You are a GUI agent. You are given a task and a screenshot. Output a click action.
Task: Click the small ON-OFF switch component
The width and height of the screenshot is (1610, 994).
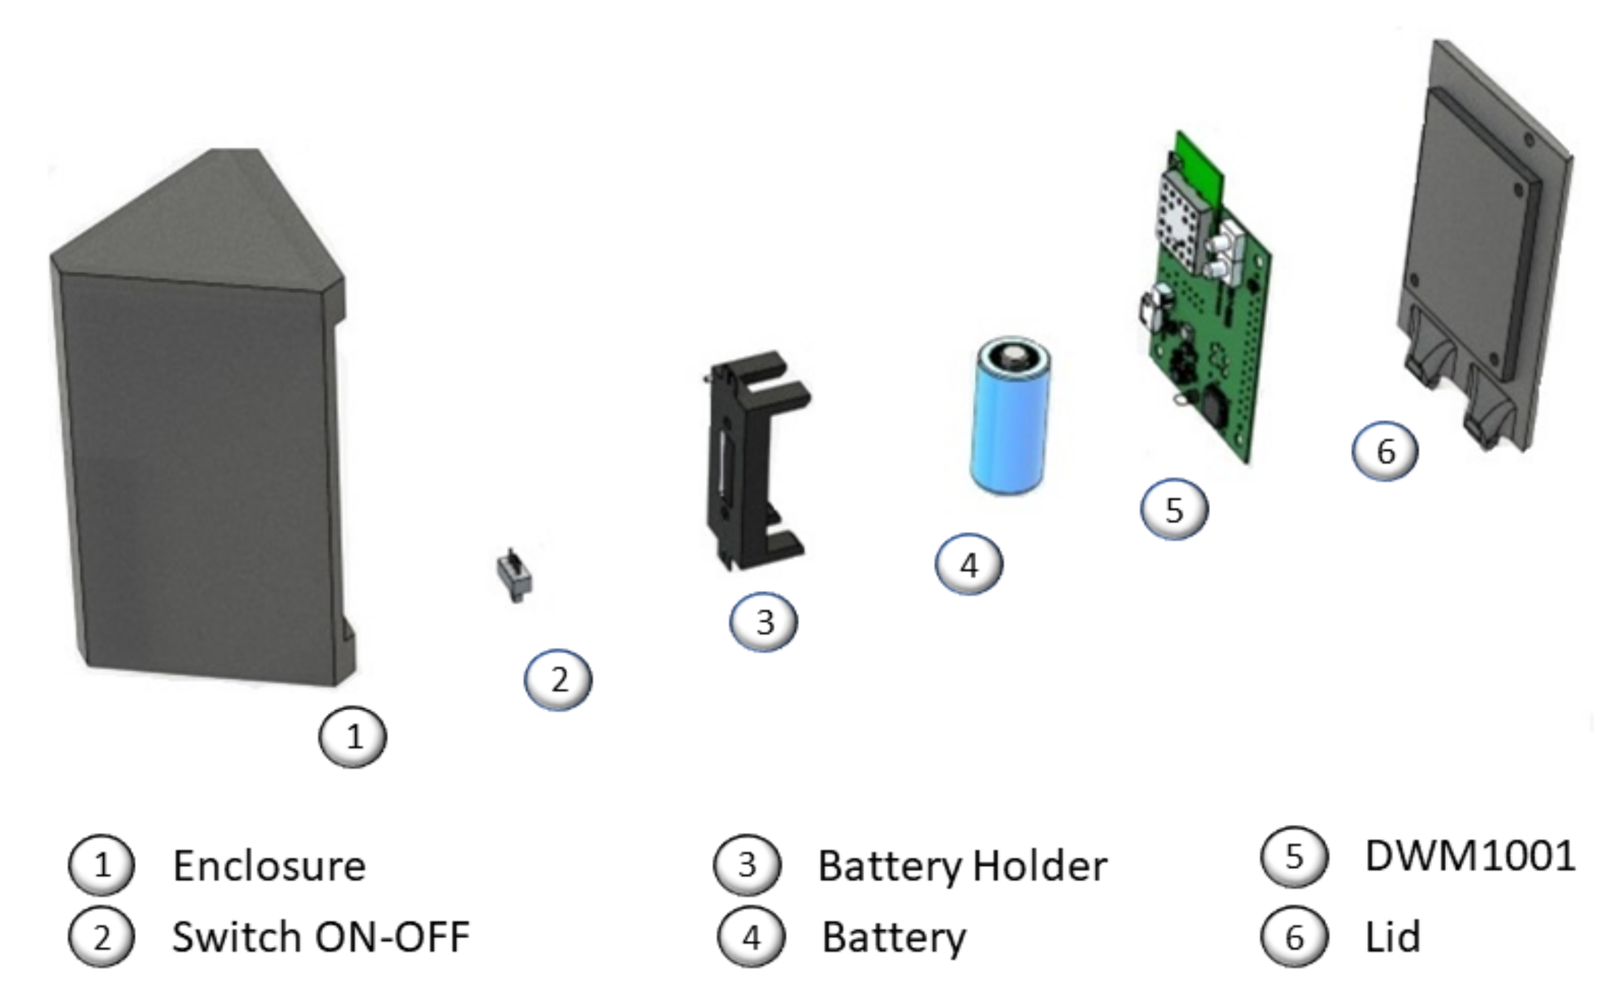514,576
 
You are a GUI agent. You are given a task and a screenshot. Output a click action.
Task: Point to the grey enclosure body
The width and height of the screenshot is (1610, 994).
197,460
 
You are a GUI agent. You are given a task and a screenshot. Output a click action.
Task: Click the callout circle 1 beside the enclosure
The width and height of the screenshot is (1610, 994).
352,737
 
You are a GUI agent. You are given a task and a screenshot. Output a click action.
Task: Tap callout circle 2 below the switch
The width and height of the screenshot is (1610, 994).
558,680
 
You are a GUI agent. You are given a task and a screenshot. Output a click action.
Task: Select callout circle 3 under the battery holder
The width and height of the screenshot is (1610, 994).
763,622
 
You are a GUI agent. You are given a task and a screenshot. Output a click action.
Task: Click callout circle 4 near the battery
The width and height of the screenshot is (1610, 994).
969,565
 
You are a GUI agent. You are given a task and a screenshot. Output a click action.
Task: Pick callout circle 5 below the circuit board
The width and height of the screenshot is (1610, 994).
1174,510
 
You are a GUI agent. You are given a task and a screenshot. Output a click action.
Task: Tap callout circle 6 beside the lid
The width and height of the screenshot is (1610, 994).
1385,451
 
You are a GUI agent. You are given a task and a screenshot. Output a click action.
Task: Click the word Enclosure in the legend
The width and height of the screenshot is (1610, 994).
269,866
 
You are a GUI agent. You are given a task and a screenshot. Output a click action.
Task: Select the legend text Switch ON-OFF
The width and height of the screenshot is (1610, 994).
320,936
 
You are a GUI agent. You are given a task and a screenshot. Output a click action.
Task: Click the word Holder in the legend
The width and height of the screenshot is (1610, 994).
1040,866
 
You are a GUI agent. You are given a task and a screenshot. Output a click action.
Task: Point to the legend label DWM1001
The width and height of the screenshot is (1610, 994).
1470,856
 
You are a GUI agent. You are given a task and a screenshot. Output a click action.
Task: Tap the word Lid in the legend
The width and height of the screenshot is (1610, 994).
1392,936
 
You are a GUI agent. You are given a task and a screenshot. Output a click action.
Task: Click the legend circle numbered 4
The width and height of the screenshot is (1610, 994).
751,938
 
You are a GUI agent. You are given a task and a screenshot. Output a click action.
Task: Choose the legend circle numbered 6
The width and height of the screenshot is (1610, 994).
1294,938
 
